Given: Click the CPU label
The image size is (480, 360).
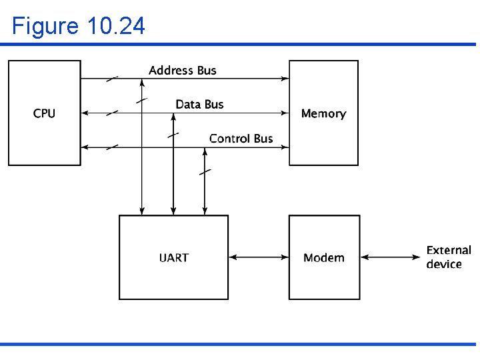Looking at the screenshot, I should [44, 113].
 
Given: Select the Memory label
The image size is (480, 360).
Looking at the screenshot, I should [323, 113].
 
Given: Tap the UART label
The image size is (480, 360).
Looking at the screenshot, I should [173, 257].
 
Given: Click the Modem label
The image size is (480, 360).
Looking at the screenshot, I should [323, 257].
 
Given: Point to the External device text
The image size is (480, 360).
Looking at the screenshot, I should [449, 257].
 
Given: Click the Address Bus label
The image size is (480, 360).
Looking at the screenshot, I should [183, 70].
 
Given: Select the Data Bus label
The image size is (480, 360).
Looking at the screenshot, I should [199, 104].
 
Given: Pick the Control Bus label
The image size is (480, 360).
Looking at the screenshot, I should [241, 138].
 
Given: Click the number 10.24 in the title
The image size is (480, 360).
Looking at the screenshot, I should [115, 26].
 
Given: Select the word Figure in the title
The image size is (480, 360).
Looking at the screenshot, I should [45, 26].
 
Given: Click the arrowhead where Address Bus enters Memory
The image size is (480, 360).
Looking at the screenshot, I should [285, 79].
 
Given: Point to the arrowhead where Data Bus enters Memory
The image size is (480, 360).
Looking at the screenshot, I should [285, 113].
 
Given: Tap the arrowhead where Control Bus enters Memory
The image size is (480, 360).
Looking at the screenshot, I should [285, 147].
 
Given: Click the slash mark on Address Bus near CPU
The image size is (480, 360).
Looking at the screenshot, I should [112, 79].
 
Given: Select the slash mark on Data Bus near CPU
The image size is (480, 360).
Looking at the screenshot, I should [112, 113].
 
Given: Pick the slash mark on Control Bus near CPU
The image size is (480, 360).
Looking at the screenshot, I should [112, 147].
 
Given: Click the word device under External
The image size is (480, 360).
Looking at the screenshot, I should [444, 265].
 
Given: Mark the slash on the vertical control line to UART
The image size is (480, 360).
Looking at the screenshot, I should [205, 171].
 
